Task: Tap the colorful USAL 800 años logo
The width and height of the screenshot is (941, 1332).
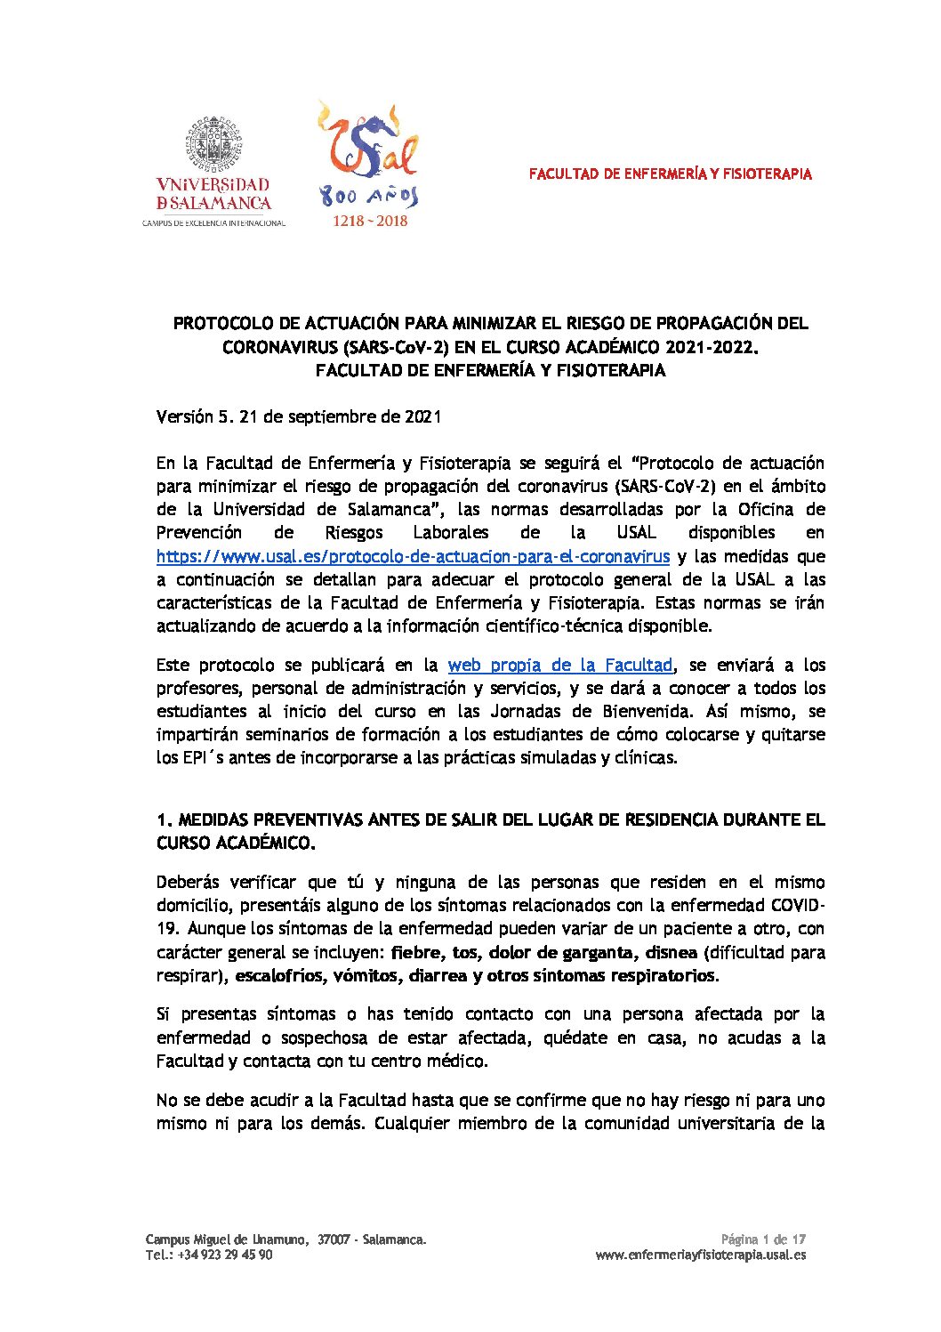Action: (x=368, y=156)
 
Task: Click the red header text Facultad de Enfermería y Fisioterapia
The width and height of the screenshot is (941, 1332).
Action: (x=670, y=174)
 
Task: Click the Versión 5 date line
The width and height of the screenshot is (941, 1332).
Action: (x=299, y=416)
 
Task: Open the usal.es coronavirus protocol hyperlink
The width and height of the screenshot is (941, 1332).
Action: (x=413, y=556)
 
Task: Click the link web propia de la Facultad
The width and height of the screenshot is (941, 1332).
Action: (x=560, y=665)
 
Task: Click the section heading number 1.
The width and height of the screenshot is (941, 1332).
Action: (x=163, y=819)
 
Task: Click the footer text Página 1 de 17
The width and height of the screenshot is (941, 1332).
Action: (x=763, y=1239)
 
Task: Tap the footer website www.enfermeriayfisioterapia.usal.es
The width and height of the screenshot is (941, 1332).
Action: (x=700, y=1255)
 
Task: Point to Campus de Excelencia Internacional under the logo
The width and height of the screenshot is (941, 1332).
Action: (x=214, y=222)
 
